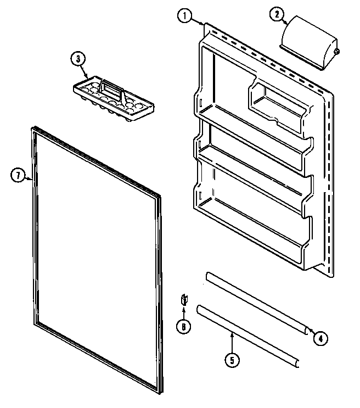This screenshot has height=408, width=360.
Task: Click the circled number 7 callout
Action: coord(19,176)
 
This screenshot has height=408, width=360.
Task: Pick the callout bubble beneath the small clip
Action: coord(184,326)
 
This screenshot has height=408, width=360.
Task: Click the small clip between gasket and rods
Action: coord(184,300)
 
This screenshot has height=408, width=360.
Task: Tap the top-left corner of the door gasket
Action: coord(29,130)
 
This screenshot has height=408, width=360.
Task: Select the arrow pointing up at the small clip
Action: coord(184,314)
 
